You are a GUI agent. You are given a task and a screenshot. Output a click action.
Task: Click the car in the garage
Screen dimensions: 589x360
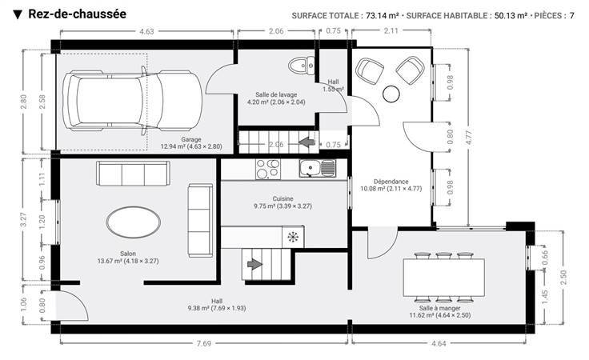coord(132,100)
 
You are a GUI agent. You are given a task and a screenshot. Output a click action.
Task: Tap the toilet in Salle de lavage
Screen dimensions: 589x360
coord(302,66)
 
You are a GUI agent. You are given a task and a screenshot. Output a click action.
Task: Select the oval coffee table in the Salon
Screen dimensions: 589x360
coord(134,222)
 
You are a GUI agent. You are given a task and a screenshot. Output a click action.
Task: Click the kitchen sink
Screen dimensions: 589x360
coord(318,168)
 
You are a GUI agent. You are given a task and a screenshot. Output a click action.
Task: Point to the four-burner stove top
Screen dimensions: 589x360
coord(268,169)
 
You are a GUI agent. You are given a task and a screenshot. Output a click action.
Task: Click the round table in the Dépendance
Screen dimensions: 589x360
coord(391,94)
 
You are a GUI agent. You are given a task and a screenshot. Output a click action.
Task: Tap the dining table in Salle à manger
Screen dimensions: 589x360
coord(443,278)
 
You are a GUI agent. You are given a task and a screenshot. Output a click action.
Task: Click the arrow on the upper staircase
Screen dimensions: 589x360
coord(307,142)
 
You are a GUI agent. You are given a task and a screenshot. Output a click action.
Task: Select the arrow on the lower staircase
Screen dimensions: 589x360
coord(254,264)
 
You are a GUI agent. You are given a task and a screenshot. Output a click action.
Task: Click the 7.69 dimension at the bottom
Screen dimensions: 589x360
coord(204,343)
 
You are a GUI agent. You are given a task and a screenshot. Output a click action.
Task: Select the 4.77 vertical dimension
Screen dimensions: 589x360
coord(469,138)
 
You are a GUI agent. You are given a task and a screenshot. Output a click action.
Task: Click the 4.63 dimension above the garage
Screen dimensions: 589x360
coord(146,31)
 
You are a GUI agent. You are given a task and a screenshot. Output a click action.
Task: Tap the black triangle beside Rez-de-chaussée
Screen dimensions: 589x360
coord(18,14)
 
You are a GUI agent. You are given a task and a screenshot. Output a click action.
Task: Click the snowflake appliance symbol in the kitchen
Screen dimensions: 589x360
coord(293,237)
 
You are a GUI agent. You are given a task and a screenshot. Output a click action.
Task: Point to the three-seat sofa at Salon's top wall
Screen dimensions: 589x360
coord(133,174)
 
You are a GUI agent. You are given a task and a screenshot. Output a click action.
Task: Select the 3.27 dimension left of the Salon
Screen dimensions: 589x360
coord(23,220)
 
